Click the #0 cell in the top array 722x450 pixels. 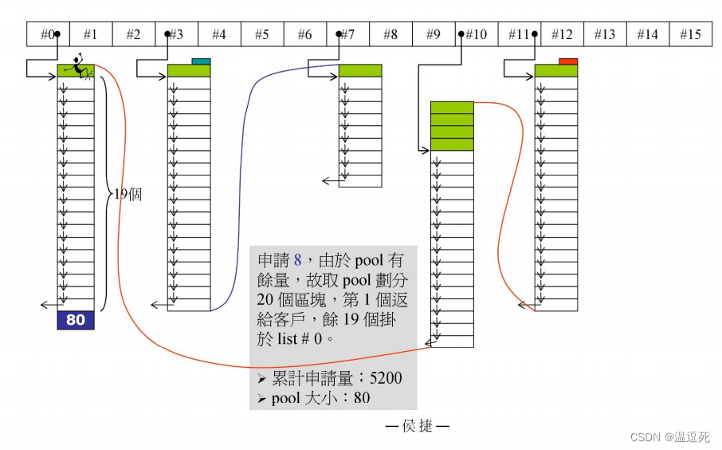point(48,34)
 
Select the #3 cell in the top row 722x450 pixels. point(176,34)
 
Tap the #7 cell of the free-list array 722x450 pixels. point(347,34)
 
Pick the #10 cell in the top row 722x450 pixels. point(476,34)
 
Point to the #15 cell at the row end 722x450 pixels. point(690,34)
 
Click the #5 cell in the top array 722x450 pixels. point(261,34)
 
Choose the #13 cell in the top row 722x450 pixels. point(604,34)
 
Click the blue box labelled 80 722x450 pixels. point(76,320)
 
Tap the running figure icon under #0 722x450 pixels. point(79,67)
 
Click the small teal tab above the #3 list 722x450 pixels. point(201,61)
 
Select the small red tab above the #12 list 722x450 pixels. point(568,61)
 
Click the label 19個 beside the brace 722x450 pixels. point(128,194)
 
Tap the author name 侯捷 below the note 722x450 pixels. point(417,426)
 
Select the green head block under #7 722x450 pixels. point(360,71)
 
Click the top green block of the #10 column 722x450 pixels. point(452,107)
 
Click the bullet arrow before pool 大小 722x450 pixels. point(262,397)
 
